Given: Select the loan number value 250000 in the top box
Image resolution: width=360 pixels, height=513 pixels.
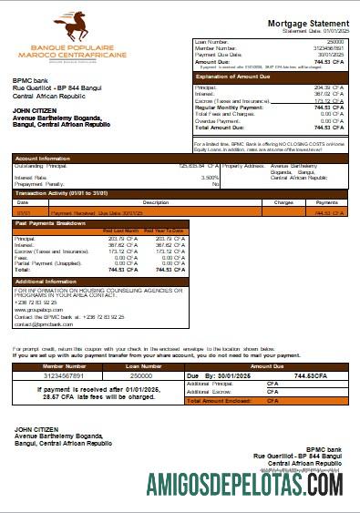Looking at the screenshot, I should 334,42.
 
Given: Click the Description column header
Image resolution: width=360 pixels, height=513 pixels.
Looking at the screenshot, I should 130,202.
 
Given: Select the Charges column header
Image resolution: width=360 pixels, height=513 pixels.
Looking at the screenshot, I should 283,202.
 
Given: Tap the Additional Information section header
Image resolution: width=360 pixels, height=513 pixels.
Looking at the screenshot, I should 46,282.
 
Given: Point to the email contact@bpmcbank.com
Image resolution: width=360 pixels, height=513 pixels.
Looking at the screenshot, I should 44,323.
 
